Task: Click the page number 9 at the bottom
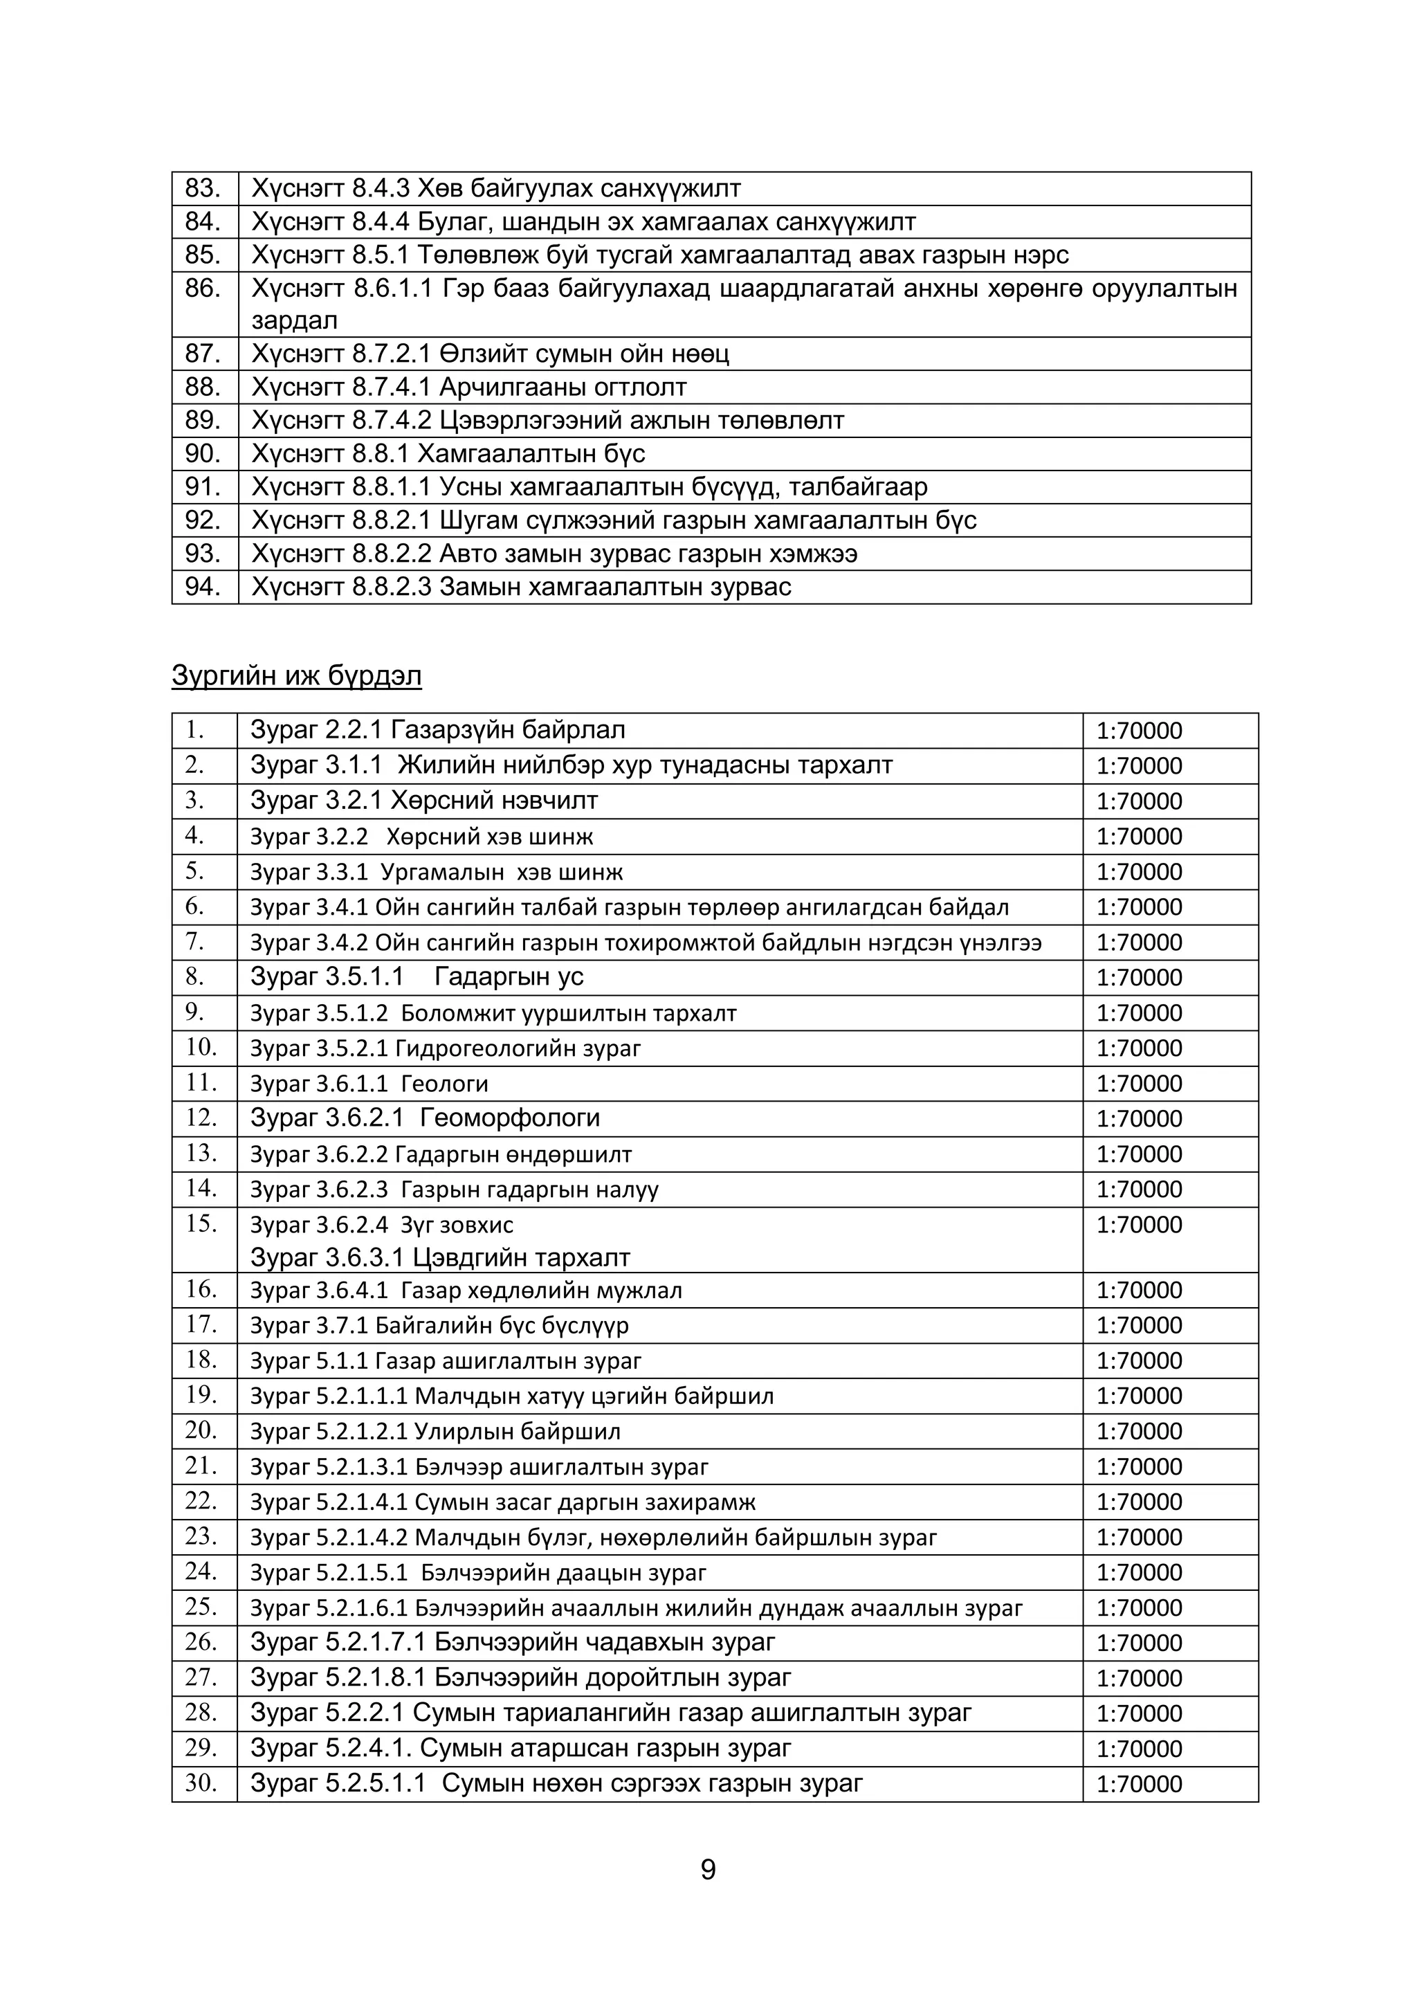[x=708, y=1870]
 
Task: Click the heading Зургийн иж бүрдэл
[x=297, y=675]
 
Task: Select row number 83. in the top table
[x=203, y=188]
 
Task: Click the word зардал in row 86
[x=294, y=320]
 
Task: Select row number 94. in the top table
[x=203, y=587]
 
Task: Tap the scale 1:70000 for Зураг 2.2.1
[x=1140, y=731]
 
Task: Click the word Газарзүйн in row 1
[x=451, y=729]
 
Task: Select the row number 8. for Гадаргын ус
[x=194, y=976]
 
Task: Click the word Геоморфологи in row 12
[x=509, y=1118]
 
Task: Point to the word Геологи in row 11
[x=444, y=1084]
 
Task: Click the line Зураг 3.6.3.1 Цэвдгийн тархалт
[x=440, y=1258]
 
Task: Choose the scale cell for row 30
[x=1140, y=1784]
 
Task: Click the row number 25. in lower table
[x=201, y=1607]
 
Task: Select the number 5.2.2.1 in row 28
[x=365, y=1713]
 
